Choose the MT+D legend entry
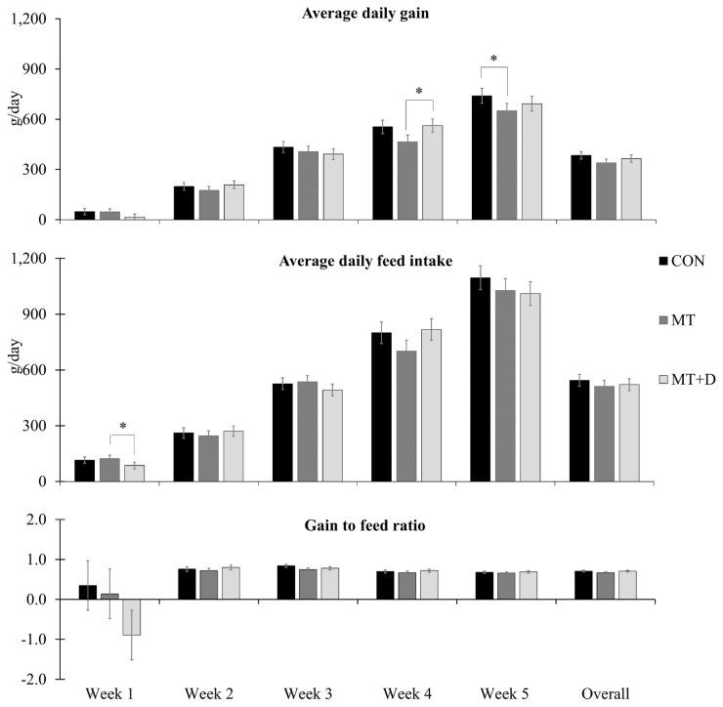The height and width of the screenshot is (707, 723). pyautogui.click(x=683, y=378)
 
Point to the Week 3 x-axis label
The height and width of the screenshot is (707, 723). pyautogui.click(x=308, y=692)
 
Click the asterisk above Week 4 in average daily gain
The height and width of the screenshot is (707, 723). pyautogui.click(x=418, y=93)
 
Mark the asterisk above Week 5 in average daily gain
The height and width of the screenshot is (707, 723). pyautogui.click(x=493, y=60)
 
